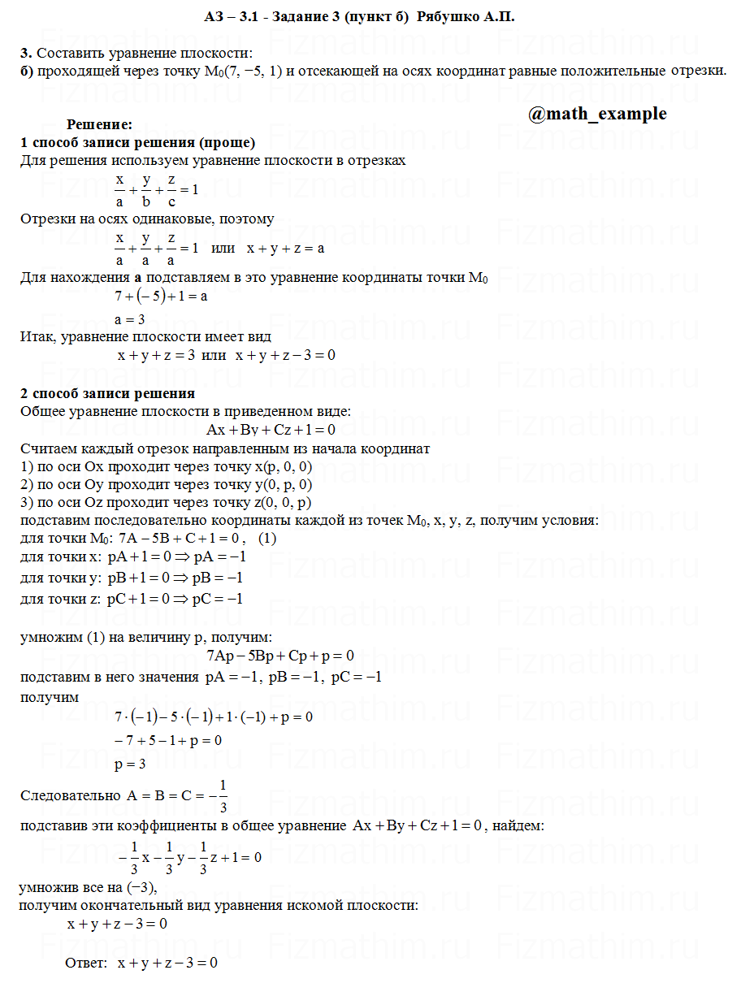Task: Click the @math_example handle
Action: click(x=597, y=114)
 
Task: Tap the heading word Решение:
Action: click(x=99, y=125)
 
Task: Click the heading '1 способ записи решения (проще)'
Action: click(x=138, y=143)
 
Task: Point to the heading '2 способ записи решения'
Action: click(x=107, y=394)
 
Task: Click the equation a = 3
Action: click(x=130, y=319)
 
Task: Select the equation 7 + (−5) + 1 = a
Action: click(x=161, y=297)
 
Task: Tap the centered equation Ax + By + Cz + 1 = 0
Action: click(x=271, y=430)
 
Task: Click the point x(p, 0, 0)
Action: click(x=284, y=466)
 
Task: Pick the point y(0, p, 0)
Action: click(x=284, y=484)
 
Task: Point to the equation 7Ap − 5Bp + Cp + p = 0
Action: click(x=280, y=656)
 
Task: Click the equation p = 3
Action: click(x=130, y=764)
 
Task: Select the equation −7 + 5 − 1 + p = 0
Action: click(x=168, y=741)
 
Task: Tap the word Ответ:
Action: click(x=86, y=964)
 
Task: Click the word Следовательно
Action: click(x=71, y=795)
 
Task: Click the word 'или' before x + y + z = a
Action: click(x=223, y=248)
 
